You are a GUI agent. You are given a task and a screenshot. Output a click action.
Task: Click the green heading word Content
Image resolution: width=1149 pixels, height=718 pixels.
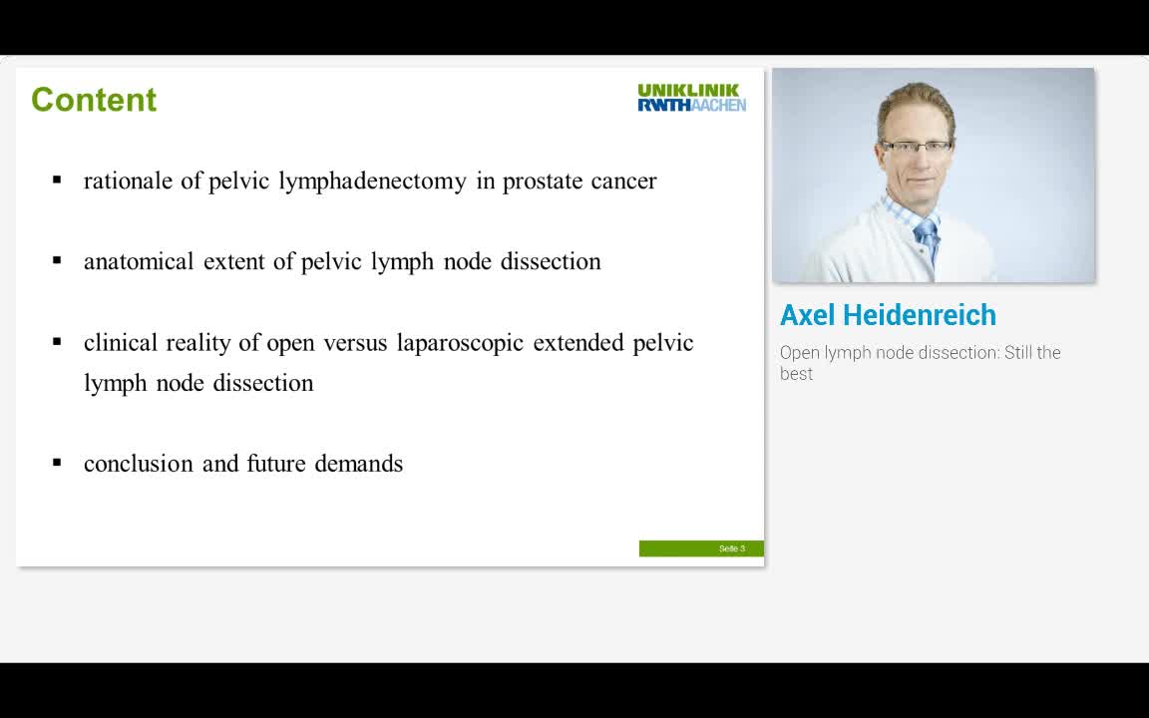[94, 100]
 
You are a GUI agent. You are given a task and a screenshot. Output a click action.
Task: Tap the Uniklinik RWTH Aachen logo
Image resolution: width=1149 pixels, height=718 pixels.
[691, 98]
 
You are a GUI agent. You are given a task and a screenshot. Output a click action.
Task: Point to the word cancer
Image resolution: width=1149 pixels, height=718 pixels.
[623, 181]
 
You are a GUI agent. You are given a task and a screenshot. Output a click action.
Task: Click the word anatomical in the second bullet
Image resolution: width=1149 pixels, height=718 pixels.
[139, 261]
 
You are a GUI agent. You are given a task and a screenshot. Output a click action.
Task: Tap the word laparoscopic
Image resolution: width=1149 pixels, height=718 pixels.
[460, 343]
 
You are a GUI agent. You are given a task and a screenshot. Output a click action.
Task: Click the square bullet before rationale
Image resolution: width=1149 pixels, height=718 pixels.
[58, 180]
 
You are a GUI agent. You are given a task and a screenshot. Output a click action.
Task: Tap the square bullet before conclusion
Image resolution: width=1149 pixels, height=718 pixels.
[58, 463]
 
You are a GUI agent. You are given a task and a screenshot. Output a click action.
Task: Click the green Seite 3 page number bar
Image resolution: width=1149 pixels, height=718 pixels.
[701, 548]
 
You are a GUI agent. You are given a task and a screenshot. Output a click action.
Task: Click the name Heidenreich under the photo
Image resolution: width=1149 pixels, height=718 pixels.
[919, 315]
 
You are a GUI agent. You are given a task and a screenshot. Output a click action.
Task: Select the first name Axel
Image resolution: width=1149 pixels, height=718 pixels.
[807, 315]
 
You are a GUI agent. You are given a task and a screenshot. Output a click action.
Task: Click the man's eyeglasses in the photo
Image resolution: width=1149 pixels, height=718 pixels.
[915, 147]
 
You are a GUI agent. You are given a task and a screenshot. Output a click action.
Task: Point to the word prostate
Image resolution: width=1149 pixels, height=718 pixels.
[543, 181]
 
